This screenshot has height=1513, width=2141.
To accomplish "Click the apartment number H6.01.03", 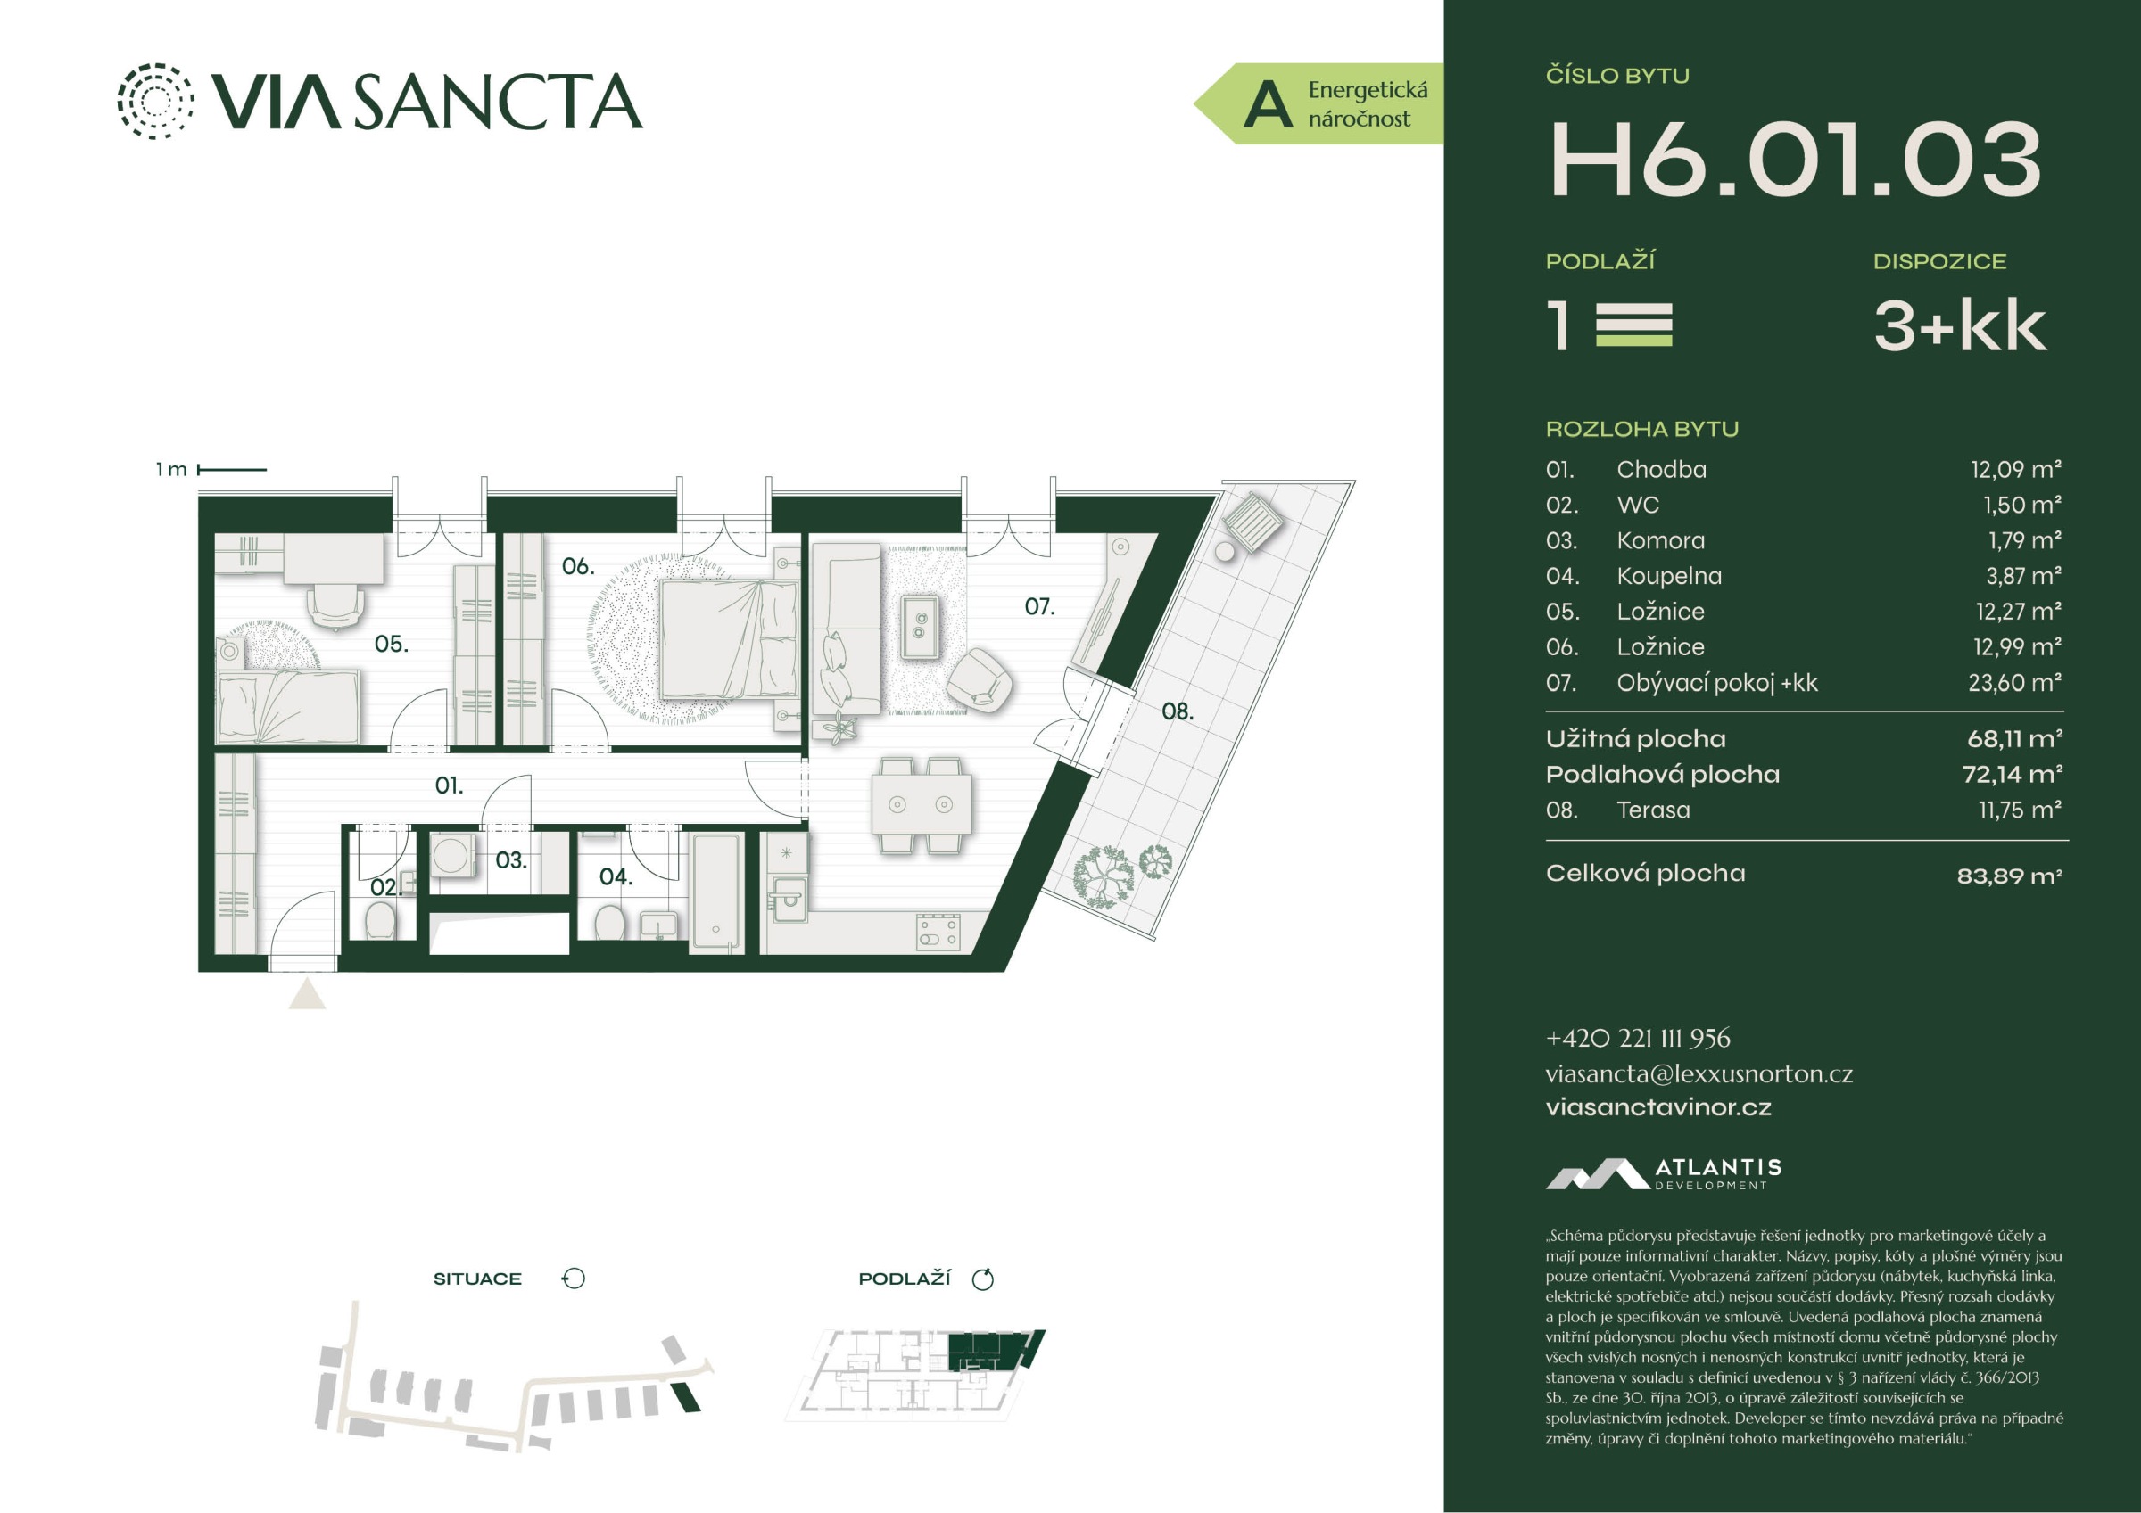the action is tap(1795, 160).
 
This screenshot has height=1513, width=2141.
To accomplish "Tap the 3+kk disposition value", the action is tap(1959, 326).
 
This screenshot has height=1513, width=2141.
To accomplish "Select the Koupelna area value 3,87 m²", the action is tap(2022, 576).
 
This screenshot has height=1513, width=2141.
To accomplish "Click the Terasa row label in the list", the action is tap(1652, 810).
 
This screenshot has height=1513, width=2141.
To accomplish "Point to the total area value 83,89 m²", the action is tap(2009, 876).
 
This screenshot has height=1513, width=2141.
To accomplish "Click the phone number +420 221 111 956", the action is tap(1638, 1038).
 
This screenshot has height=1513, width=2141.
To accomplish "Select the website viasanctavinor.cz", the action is tap(1658, 1106).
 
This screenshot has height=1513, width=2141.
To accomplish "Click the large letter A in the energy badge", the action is tap(1269, 104).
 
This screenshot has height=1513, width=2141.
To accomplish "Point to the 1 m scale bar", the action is tap(232, 470).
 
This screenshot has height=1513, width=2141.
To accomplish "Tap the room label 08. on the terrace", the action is tap(1177, 711).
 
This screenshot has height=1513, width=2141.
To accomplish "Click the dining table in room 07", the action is tap(922, 803).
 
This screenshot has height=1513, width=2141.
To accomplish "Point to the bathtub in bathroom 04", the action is tap(717, 892).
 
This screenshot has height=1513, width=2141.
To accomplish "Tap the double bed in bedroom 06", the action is tap(728, 637).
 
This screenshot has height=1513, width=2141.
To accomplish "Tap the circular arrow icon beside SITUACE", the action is tap(573, 1279).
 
